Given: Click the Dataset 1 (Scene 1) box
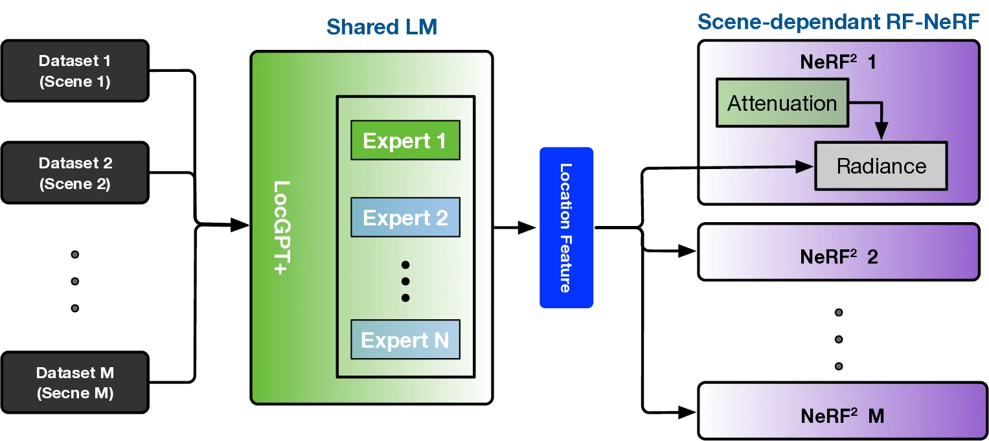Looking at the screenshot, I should tap(75, 71).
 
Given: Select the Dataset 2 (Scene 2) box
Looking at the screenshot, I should tap(75, 174).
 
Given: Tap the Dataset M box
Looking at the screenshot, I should tap(75, 383).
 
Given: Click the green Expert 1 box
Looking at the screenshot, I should tap(405, 141).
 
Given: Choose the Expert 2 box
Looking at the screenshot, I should tap(405, 218).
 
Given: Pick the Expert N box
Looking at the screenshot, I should tap(405, 340).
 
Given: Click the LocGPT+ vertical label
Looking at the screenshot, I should tap(280, 227).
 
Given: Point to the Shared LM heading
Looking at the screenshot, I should tap(381, 27).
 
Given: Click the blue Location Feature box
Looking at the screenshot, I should tap(566, 227).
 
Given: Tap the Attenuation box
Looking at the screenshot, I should tap(782, 103).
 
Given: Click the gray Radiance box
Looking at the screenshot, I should tap(881, 166).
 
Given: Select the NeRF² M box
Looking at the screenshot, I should tap(842, 415).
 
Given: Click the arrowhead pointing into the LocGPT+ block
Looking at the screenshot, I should tap(242, 225).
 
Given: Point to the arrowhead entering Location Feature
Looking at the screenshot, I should tap(529, 227).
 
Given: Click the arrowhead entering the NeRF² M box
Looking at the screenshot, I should tap(688, 411).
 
